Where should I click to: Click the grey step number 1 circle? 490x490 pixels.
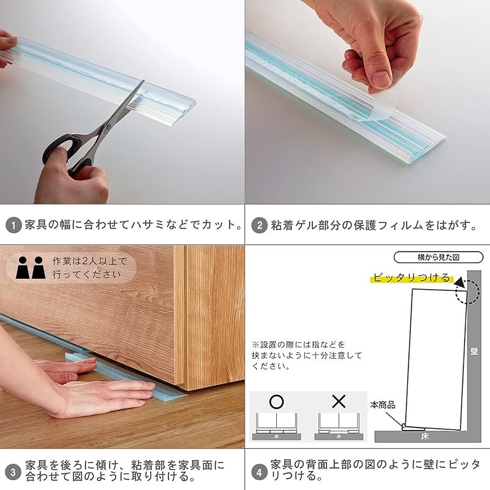[x=13, y=225]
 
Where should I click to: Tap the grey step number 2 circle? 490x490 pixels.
[x=259, y=225]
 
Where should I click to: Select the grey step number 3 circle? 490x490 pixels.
[x=13, y=472]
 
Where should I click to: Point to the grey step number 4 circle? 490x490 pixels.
[x=259, y=472]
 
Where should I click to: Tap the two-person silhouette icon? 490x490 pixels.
[x=31, y=268]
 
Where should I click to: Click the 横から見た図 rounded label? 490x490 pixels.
[x=438, y=257]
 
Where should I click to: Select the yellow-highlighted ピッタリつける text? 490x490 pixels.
[x=411, y=278]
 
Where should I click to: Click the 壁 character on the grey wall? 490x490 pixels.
[x=474, y=351]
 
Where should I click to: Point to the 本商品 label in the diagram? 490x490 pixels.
[x=383, y=405]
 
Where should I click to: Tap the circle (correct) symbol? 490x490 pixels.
[x=276, y=402]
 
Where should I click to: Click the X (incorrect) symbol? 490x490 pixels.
[x=339, y=402]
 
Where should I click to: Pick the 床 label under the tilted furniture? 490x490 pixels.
[x=425, y=437]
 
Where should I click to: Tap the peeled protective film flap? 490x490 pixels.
[x=375, y=108]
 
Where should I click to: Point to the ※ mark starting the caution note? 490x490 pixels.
[x=255, y=345]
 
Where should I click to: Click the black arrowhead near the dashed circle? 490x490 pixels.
[x=459, y=284]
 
